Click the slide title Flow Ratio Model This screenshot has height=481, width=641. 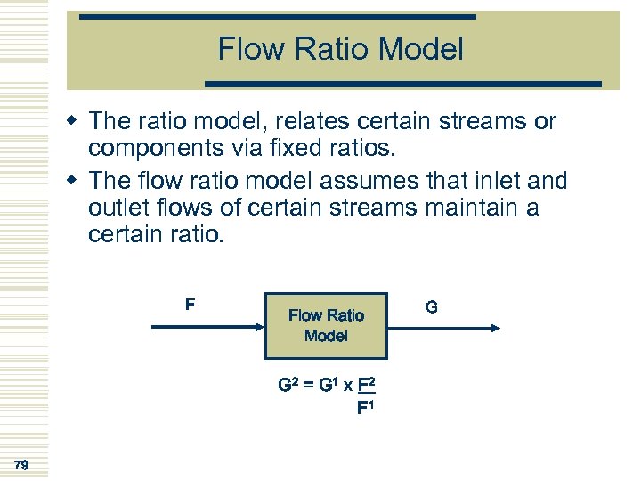click(x=340, y=49)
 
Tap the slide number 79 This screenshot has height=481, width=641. click(x=21, y=464)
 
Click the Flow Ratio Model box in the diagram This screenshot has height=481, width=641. click(x=326, y=325)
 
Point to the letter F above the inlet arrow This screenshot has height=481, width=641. click(x=190, y=305)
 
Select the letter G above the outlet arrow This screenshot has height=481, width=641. click(x=431, y=307)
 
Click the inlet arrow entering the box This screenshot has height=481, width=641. click(x=208, y=327)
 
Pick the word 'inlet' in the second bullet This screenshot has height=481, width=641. click(x=479, y=181)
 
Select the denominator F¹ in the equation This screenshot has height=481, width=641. click(x=365, y=409)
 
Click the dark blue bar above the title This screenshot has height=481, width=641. click(x=277, y=16)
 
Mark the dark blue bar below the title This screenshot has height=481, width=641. click(x=403, y=84)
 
